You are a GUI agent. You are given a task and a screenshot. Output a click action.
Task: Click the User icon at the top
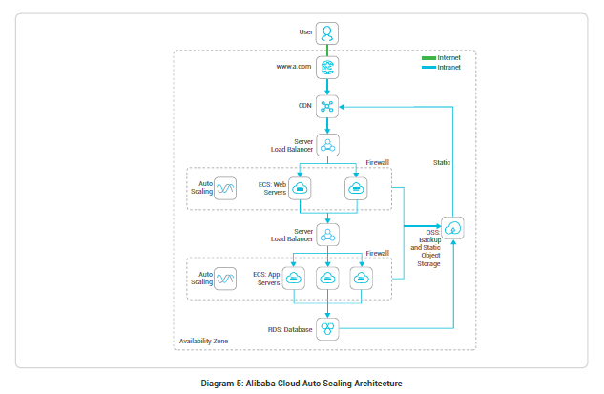point(327,32)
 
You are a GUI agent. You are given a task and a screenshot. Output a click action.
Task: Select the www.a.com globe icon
point(327,69)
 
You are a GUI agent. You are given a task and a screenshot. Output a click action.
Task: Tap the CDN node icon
point(327,106)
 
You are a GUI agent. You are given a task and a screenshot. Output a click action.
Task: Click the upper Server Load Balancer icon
point(327,145)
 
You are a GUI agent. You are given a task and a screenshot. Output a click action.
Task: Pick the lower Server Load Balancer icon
point(327,234)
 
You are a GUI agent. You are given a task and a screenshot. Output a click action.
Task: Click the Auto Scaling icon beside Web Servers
point(225,189)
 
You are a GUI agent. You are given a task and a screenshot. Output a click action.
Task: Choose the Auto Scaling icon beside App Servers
point(225,279)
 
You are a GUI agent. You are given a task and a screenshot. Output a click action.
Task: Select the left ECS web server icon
point(300,189)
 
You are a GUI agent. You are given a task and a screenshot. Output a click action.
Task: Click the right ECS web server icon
point(356,189)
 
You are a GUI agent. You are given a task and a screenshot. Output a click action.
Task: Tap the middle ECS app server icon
point(327,279)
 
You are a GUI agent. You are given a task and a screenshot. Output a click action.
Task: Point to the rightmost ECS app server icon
point(361,279)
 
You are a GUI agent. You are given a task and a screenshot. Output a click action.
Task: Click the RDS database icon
point(327,329)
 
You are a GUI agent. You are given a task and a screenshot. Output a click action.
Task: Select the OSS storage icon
point(453,227)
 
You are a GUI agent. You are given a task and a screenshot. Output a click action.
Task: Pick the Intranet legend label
point(449,68)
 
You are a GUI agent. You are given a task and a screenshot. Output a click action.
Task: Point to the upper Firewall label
point(379,163)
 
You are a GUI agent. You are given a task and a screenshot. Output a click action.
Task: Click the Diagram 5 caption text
point(302,384)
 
